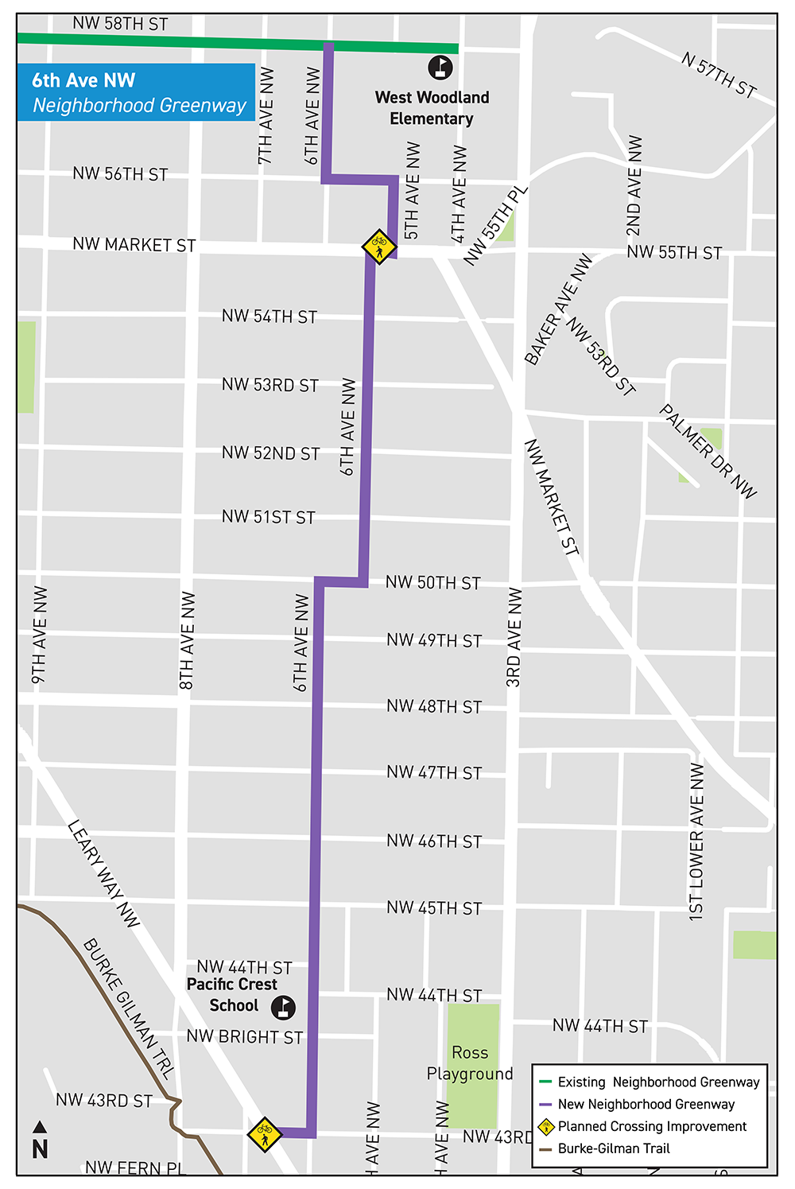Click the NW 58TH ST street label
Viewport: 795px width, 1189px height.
tap(120, 24)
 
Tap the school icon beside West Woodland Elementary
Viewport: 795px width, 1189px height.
tap(440, 68)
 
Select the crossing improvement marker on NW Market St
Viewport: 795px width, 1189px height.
tap(379, 247)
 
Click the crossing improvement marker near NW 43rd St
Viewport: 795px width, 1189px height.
tap(264, 1134)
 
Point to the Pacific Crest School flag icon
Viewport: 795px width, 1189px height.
tap(283, 1008)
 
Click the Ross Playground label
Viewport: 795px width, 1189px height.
tap(470, 1063)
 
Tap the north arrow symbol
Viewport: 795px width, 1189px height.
tap(40, 1140)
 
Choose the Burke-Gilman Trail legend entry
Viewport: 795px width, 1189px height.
tap(613, 1148)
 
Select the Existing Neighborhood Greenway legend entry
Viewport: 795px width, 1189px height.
tap(658, 1082)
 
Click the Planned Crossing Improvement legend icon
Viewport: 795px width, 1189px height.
tap(546, 1126)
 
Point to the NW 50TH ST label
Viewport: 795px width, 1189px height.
tap(433, 583)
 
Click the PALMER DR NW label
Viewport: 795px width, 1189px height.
tap(708, 452)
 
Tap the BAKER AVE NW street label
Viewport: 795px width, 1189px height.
tap(559, 309)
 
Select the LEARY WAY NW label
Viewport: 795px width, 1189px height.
tap(103, 873)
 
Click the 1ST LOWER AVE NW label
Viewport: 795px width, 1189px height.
tap(696, 841)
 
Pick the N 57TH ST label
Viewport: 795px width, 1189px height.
tap(719, 74)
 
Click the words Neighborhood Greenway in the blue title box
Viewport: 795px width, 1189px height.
tap(140, 106)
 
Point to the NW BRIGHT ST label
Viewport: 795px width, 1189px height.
tap(245, 1037)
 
